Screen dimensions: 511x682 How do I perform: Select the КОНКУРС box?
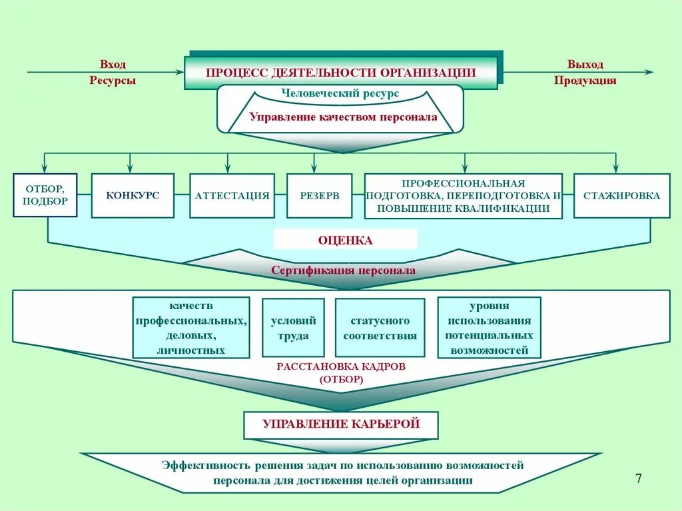[133, 195]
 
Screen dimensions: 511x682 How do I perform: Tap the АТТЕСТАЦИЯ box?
[232, 196]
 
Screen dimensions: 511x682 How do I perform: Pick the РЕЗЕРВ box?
[320, 196]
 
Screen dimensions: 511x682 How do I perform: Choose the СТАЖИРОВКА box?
[621, 196]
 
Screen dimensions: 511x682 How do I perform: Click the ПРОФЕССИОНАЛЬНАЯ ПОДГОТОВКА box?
[463, 196]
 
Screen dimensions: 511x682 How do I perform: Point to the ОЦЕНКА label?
[346, 240]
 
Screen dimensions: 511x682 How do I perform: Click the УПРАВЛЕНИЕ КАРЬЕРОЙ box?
[341, 424]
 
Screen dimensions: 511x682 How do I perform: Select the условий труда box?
[293, 328]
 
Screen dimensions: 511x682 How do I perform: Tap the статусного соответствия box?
[380, 328]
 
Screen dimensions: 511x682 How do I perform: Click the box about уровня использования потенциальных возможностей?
[489, 327]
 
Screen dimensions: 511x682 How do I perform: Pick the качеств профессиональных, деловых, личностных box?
[192, 327]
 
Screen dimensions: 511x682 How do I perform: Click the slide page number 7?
[639, 478]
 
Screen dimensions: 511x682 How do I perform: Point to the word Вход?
[113, 65]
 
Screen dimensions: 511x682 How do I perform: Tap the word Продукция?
[585, 81]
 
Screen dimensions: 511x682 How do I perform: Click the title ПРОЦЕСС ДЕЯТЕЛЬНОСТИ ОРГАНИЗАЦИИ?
[340, 73]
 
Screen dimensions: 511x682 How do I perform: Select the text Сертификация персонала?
[343, 270]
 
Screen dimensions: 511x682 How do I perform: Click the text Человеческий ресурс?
[340, 94]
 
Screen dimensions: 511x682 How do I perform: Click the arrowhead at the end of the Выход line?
[649, 72]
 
